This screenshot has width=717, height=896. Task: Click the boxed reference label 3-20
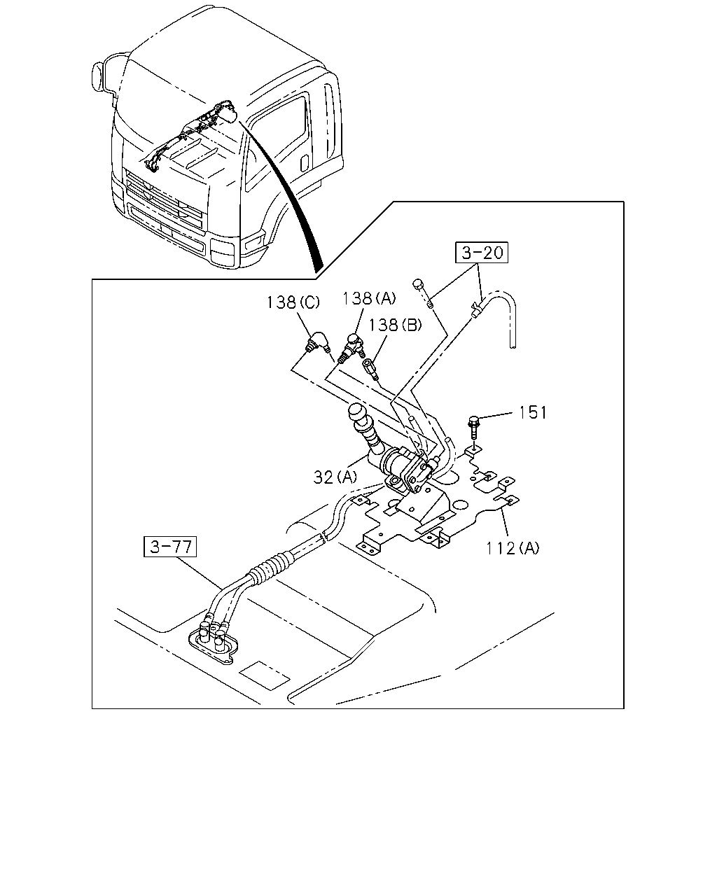(x=482, y=252)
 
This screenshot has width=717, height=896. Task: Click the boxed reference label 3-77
(x=170, y=547)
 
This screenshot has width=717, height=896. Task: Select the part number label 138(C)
(x=293, y=302)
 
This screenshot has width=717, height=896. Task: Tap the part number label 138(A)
(x=369, y=298)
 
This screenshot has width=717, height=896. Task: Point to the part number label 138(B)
(x=395, y=325)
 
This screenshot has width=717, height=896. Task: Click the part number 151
(x=532, y=412)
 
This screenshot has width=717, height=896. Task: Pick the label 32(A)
(x=335, y=477)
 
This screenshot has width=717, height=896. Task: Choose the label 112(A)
(x=513, y=548)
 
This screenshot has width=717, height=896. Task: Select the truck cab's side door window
(x=278, y=141)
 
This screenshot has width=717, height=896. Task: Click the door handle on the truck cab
(x=305, y=162)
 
